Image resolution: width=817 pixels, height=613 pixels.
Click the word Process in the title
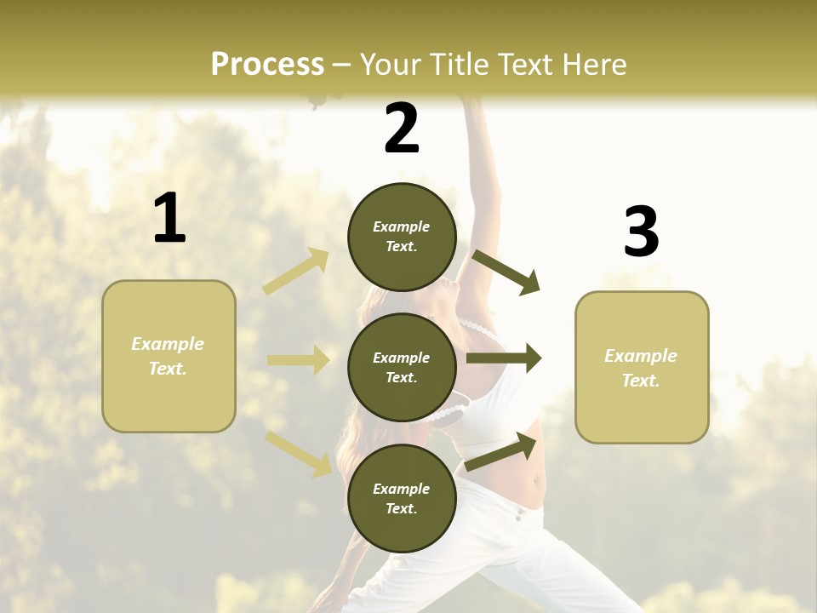point(267,65)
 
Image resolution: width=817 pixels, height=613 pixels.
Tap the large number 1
point(169,219)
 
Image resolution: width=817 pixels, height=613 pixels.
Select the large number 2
point(402,129)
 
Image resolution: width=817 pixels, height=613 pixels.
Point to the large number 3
point(641,232)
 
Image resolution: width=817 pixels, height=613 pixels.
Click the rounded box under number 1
point(169,356)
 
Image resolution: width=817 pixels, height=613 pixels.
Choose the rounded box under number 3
point(642,367)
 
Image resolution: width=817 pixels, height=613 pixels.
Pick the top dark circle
point(402,237)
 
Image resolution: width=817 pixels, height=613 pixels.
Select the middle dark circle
point(402,367)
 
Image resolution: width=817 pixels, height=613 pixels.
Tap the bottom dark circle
point(402,498)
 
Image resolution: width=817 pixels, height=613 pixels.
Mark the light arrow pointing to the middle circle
point(298,360)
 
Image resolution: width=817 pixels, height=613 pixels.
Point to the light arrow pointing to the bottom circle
point(299,453)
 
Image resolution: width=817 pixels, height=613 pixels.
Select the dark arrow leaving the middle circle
point(504,358)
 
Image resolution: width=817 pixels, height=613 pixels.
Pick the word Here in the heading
point(592,65)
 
